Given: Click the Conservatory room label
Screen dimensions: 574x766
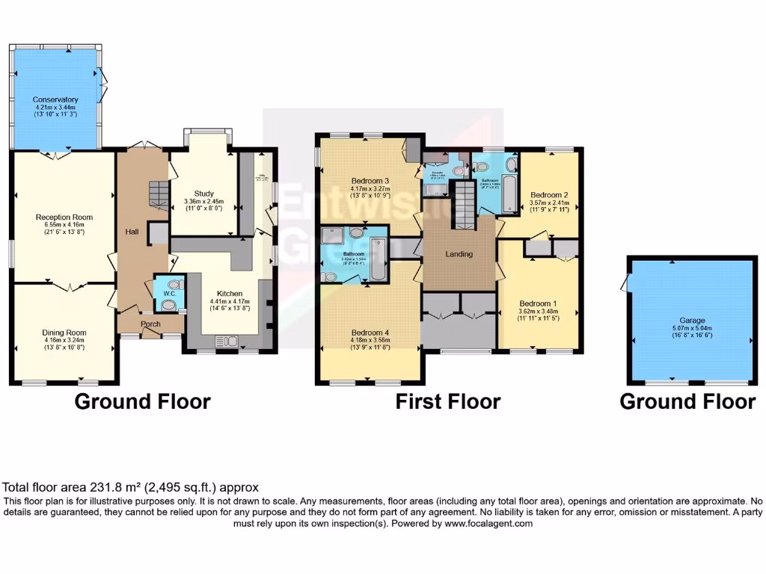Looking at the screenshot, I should pos(55,99).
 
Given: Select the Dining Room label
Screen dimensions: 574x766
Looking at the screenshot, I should pos(64,333).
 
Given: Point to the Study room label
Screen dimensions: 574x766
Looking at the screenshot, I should pos(203,194).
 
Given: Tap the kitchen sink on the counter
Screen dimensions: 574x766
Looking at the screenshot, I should pos(226,342).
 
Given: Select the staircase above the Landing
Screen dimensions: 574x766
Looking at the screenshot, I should pos(466,200).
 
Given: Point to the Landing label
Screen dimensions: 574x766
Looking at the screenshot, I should pos(459,254).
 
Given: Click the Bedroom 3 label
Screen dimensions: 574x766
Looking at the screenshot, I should pos(370,180).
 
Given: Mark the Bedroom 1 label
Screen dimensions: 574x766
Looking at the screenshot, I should pos(538,303).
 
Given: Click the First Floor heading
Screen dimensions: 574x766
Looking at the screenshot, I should pos(447,401).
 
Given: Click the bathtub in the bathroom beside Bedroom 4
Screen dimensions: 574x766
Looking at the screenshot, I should pos(376,259).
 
